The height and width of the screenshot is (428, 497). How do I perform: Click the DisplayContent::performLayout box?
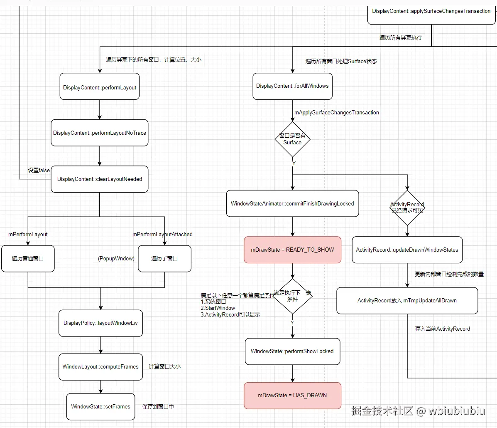(100, 87)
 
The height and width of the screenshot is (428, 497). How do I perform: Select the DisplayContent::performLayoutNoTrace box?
(100, 133)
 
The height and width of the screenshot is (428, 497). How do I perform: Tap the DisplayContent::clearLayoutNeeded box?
(100, 179)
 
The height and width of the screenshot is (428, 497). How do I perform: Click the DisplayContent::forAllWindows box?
(292, 86)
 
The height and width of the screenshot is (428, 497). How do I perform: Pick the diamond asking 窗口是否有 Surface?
(292, 139)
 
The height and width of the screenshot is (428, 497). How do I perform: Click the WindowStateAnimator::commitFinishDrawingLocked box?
(292, 204)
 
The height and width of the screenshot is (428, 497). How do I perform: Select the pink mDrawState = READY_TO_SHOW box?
(292, 250)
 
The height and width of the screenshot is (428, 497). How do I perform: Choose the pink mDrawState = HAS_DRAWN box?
(292, 396)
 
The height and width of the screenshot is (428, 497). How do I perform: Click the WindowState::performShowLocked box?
(292, 351)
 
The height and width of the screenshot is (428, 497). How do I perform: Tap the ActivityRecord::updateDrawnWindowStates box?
(407, 250)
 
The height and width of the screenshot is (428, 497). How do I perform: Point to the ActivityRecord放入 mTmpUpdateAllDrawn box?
(407, 301)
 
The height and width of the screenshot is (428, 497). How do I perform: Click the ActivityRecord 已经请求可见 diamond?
(407, 208)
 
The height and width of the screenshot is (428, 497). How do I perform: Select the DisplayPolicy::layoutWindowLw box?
(100, 323)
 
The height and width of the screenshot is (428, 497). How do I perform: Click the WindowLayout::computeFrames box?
(100, 367)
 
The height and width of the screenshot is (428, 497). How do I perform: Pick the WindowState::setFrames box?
(100, 407)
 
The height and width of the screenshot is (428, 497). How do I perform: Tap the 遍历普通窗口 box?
(28, 259)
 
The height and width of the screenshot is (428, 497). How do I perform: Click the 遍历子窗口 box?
(164, 259)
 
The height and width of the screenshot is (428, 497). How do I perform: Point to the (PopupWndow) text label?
(116, 259)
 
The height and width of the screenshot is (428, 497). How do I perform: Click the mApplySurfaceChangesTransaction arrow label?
(336, 113)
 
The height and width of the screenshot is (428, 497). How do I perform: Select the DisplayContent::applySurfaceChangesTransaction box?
(431, 12)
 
